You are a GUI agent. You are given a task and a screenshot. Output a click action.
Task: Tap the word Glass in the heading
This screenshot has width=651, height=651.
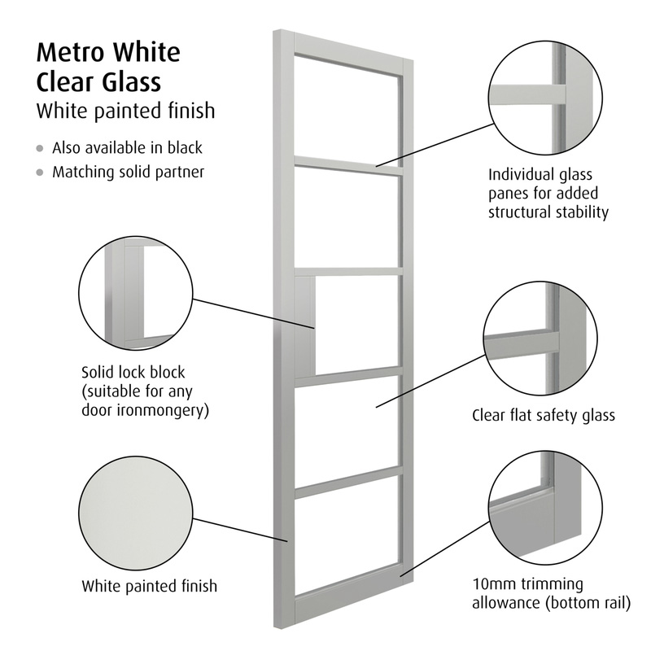coord(129,82)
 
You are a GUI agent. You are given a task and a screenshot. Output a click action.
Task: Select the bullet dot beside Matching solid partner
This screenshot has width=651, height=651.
coord(40,173)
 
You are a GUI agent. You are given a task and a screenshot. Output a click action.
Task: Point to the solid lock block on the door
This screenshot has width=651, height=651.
coord(305,325)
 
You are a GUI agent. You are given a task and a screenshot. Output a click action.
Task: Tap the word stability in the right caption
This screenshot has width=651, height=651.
coord(579,212)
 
